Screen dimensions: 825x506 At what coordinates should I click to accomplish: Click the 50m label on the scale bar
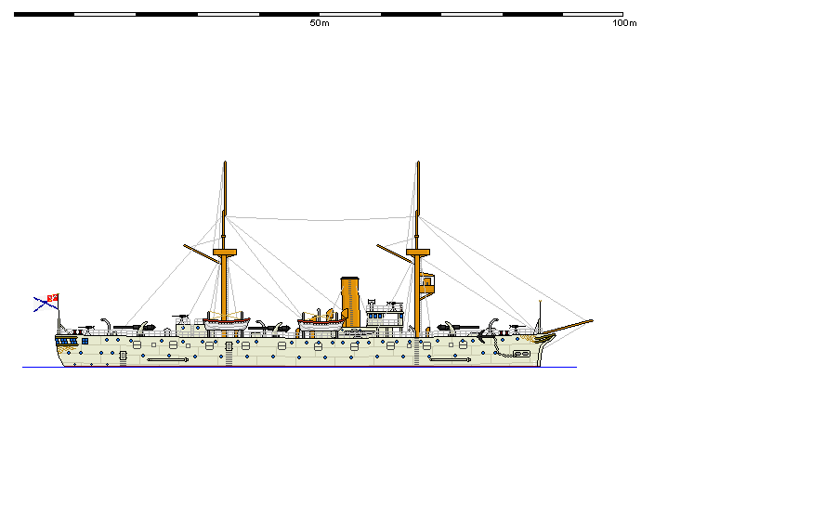[319, 23]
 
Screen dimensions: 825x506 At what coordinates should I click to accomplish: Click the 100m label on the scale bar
[624, 23]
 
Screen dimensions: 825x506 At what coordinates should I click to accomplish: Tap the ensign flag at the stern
[46, 301]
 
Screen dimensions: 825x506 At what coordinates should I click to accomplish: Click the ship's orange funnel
[350, 302]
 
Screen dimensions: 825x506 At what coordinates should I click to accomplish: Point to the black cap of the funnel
[350, 279]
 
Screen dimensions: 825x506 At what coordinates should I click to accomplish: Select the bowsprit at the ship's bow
[569, 326]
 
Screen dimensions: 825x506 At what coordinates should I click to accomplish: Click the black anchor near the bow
[493, 331]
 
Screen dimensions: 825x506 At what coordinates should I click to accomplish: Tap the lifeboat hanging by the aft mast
[227, 324]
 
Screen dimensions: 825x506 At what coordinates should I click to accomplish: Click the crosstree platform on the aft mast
[224, 252]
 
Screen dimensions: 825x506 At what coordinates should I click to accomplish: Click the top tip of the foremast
[417, 162]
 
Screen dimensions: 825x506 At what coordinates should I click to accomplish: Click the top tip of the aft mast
[224, 162]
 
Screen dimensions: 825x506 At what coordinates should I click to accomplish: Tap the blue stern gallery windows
[67, 341]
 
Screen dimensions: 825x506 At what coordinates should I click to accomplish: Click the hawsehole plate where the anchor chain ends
[522, 354]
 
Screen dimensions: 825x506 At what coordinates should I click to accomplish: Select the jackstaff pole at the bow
[540, 314]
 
